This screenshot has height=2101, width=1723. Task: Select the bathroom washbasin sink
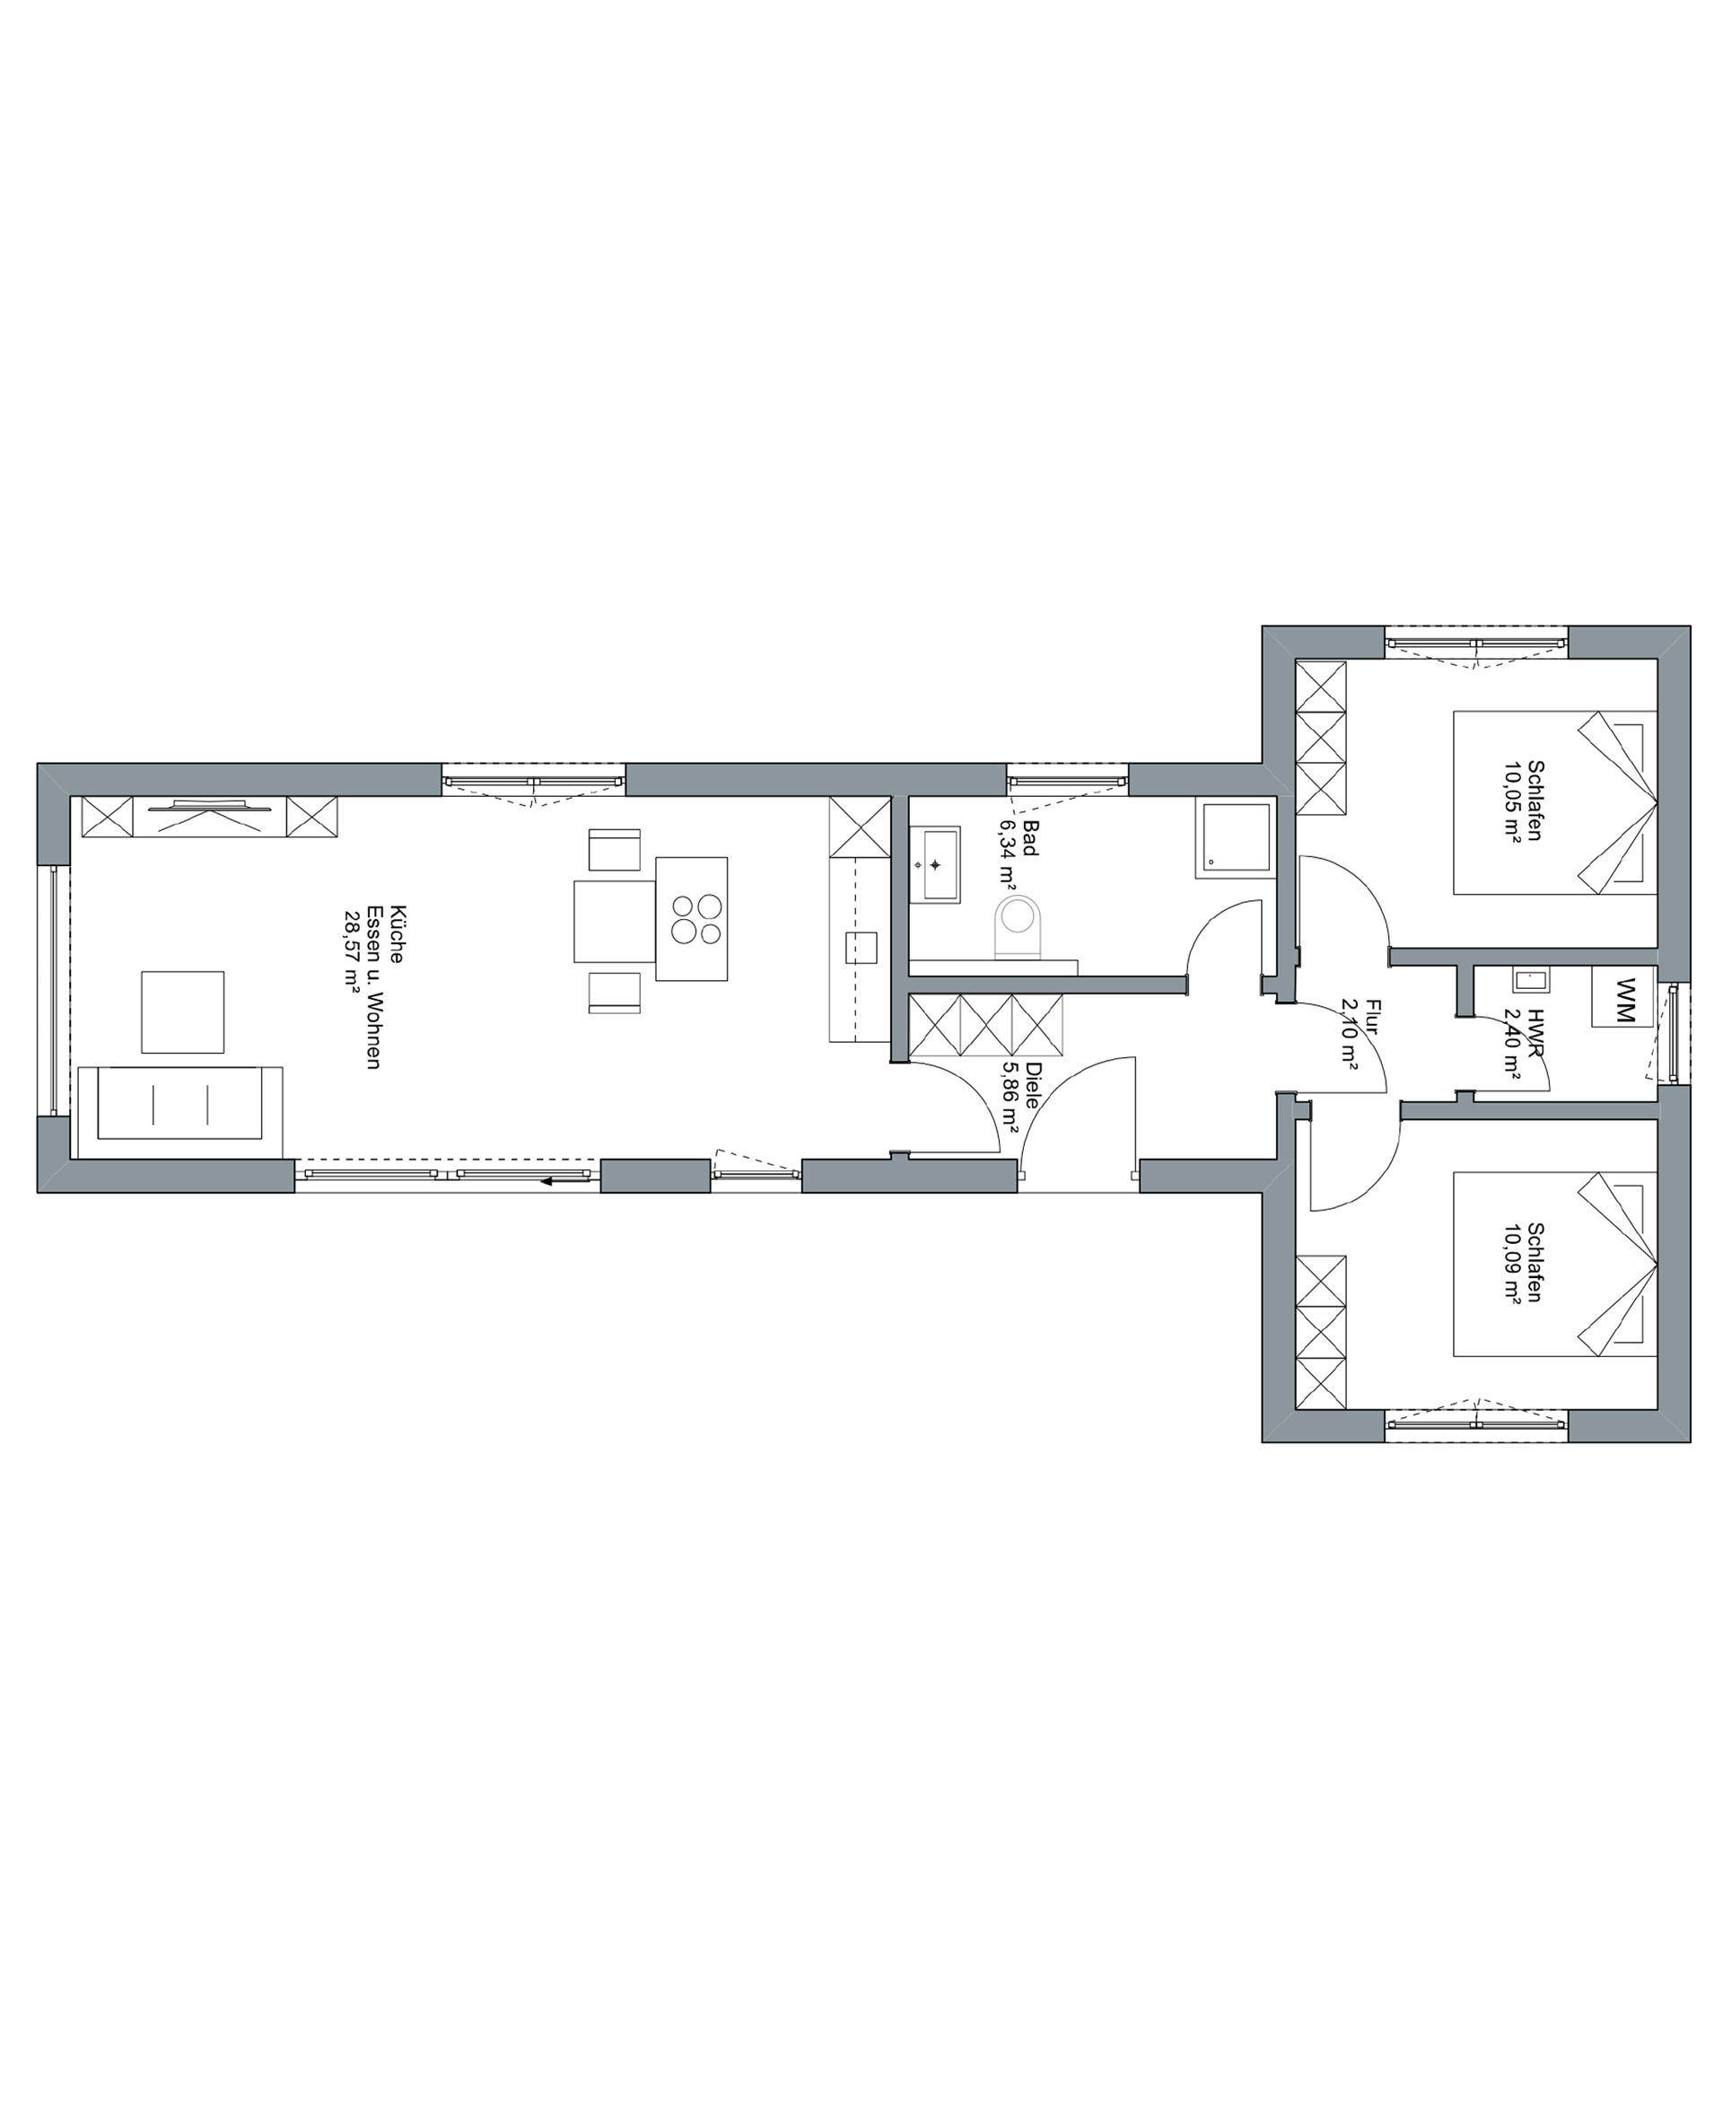[x=935, y=864]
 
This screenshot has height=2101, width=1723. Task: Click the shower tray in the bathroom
[x=1235, y=838]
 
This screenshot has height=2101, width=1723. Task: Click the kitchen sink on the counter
[x=861, y=948]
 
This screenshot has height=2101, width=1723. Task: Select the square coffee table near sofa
[x=183, y=1012]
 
